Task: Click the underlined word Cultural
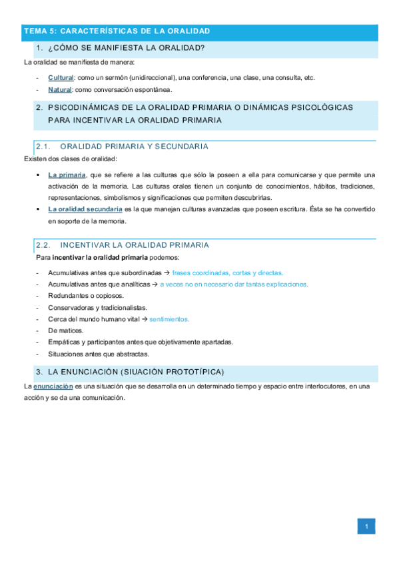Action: (61, 77)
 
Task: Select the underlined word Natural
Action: (60, 89)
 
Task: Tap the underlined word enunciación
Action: (53, 386)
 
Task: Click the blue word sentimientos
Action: (169, 318)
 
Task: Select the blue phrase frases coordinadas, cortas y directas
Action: (227, 273)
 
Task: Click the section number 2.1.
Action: (43, 147)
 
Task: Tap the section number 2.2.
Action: (43, 245)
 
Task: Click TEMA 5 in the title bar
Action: (40, 31)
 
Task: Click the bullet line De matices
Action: (65, 330)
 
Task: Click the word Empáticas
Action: (63, 342)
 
